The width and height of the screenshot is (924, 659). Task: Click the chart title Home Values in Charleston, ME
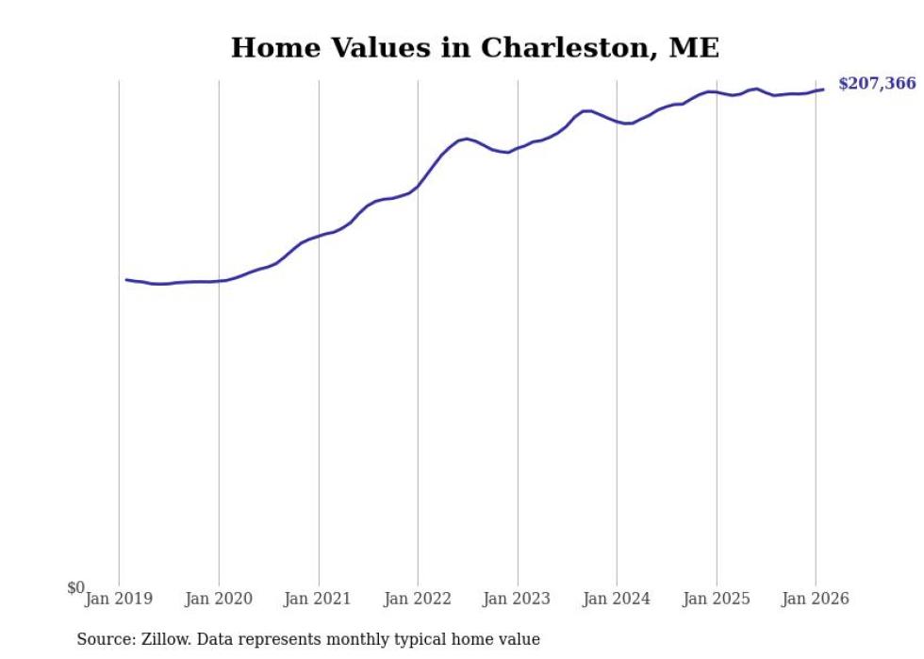pyautogui.click(x=475, y=48)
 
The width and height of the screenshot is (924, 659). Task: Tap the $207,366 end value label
pyautogui.click(x=876, y=84)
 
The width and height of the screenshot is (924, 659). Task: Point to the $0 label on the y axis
pyautogui.click(x=75, y=587)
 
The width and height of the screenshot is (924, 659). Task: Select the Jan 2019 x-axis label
pyautogui.click(x=119, y=599)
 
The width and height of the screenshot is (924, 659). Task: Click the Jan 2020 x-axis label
pyautogui.click(x=219, y=599)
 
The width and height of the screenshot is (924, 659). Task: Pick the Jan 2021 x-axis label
pyautogui.click(x=319, y=599)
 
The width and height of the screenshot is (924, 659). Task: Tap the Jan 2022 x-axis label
pyautogui.click(x=418, y=599)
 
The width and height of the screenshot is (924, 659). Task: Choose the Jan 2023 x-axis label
pyautogui.click(x=518, y=599)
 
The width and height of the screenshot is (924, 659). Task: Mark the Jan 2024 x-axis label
pyautogui.click(x=617, y=599)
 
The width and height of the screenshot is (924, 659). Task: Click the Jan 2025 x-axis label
pyautogui.click(x=717, y=599)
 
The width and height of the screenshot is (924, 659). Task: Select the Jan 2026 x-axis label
pyautogui.click(x=817, y=599)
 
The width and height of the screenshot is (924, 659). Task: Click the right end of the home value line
pyautogui.click(x=823, y=90)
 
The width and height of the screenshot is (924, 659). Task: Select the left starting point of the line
pyautogui.click(x=126, y=279)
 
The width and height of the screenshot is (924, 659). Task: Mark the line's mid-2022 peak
pyautogui.click(x=467, y=139)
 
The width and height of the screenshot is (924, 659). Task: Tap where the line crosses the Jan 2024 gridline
pyautogui.click(x=617, y=122)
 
